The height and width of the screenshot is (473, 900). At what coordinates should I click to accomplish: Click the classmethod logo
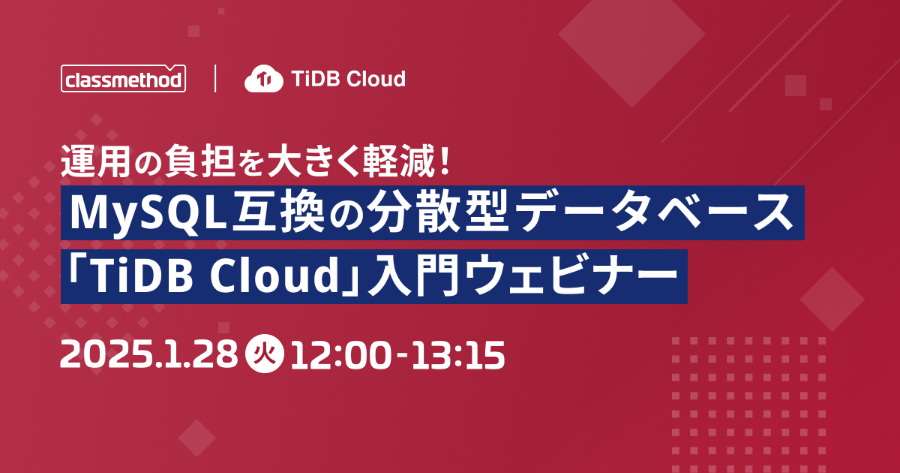coord(123,78)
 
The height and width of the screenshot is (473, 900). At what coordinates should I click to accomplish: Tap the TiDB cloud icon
coord(264,78)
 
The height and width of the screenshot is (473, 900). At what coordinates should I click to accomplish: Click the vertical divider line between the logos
coord(215,78)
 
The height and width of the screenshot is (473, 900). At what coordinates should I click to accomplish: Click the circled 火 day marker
coord(264,354)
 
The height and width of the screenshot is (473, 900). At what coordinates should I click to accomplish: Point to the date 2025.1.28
coord(149,354)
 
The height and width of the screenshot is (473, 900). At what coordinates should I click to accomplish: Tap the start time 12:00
coord(340,354)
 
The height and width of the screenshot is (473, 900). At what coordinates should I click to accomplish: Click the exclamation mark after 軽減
coord(444,160)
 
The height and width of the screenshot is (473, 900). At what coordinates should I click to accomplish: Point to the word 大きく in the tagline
coord(312,161)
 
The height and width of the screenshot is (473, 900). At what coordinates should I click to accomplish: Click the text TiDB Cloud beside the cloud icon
coord(348,78)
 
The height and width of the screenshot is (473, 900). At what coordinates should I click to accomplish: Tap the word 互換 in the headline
coord(278,212)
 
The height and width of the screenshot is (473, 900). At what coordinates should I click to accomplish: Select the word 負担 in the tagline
coord(199,161)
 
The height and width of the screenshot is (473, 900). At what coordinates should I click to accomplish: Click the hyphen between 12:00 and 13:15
coord(402,355)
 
